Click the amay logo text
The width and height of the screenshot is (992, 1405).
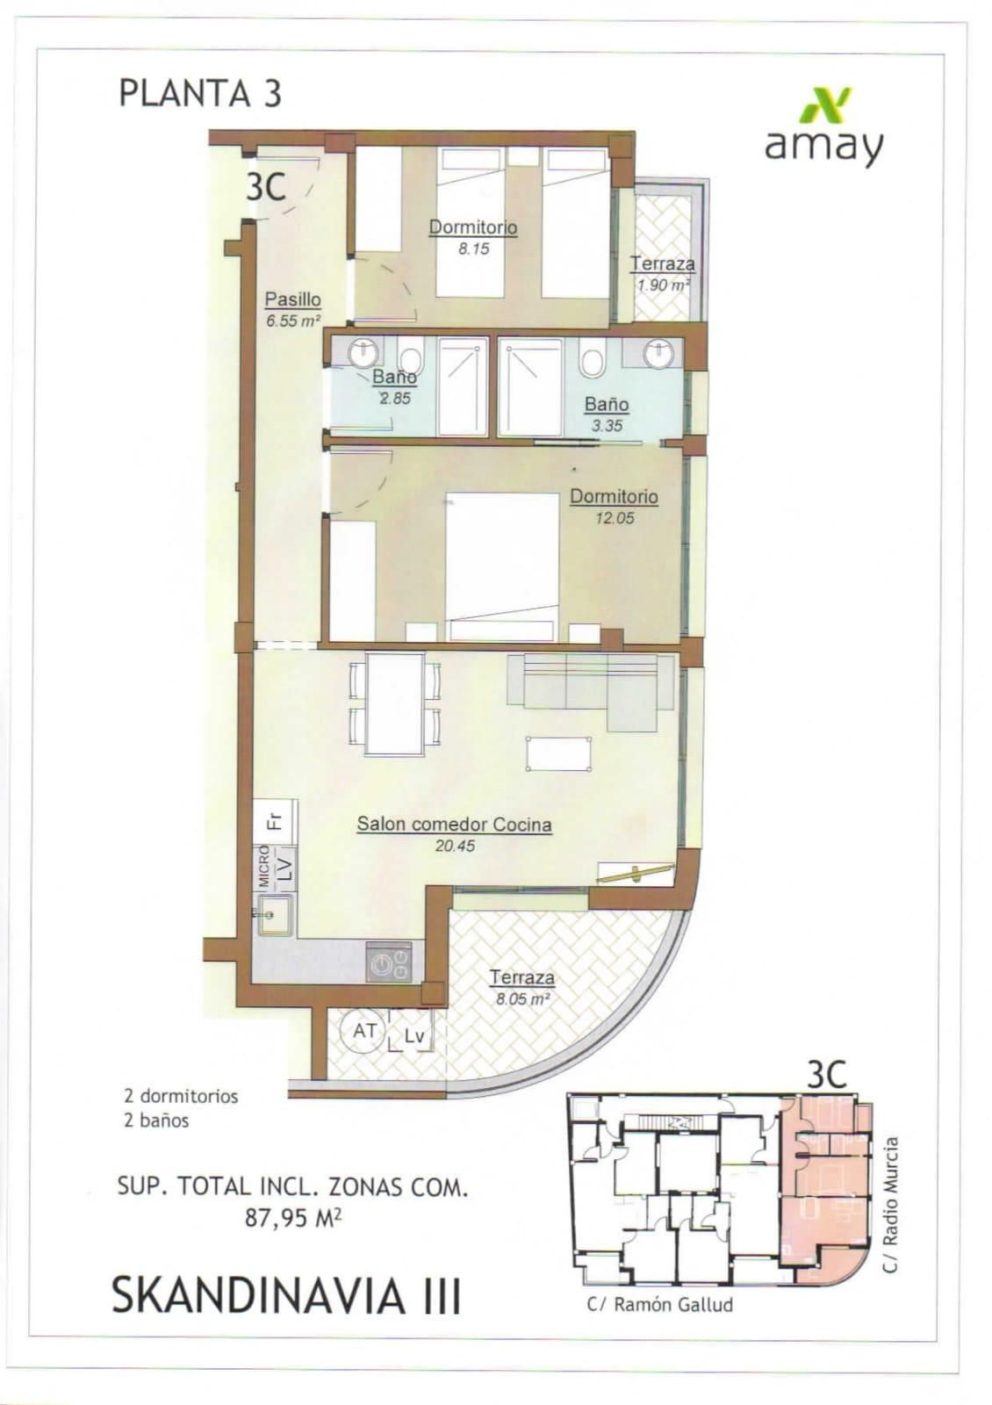(823, 146)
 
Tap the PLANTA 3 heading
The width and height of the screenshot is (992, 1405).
(200, 93)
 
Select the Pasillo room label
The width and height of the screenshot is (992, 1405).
(292, 299)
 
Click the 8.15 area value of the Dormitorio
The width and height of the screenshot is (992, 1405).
(473, 249)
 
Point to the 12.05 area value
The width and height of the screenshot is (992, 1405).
(614, 518)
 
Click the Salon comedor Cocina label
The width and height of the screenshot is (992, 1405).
(454, 825)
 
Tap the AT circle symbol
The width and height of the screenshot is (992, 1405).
(365, 1031)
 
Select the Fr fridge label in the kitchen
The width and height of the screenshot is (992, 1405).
(275, 821)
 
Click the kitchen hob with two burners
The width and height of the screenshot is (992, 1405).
(389, 962)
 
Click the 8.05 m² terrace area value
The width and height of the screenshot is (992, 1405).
(522, 998)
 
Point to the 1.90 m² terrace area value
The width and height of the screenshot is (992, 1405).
(663, 285)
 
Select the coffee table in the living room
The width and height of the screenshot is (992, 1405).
(558, 753)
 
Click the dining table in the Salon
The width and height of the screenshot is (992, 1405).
(395, 703)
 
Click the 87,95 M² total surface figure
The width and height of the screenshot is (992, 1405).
(293, 1218)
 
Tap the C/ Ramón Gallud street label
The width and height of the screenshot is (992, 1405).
(659, 1304)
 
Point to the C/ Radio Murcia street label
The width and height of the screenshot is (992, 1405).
(891, 1205)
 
